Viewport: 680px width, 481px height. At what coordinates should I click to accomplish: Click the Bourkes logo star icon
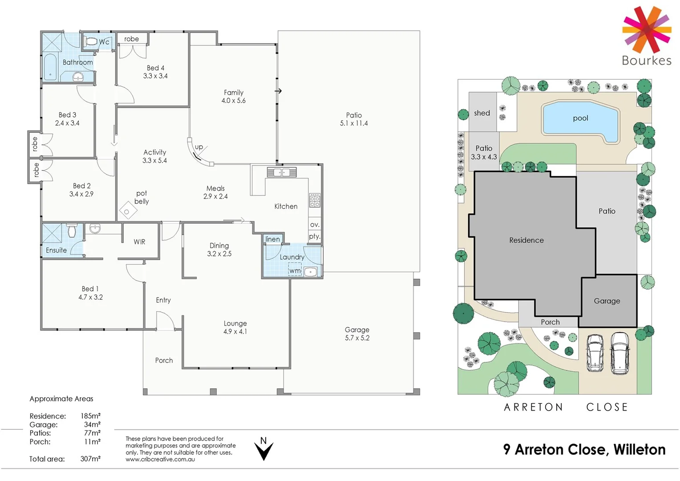pos(646,29)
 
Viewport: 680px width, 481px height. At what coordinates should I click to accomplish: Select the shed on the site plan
pos(482,113)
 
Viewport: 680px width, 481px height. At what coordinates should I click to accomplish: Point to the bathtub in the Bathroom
pos(50,67)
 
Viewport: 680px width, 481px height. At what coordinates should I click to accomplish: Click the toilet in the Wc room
pos(91,42)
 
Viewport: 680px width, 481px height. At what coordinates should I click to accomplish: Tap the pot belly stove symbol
pos(127,212)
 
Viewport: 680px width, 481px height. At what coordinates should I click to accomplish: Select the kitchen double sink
pos(282,172)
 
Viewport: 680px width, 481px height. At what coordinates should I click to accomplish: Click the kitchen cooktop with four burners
pos(315,200)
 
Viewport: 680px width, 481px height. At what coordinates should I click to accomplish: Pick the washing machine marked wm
pos(295,270)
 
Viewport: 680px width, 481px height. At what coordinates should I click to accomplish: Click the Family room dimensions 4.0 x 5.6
pos(234,101)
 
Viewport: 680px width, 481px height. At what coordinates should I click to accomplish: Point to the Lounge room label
pos(235,323)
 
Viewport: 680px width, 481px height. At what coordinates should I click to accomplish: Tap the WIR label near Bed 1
pos(139,242)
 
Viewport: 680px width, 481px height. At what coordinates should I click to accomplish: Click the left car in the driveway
pos(595,353)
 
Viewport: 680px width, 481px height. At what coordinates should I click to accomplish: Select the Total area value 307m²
pos(90,459)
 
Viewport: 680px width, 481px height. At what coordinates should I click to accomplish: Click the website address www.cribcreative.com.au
pos(160,459)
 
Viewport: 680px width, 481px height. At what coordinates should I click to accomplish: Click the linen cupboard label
pos(273,239)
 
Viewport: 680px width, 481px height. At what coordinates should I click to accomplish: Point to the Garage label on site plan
pos(607,301)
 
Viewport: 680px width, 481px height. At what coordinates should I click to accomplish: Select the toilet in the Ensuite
pos(72,231)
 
